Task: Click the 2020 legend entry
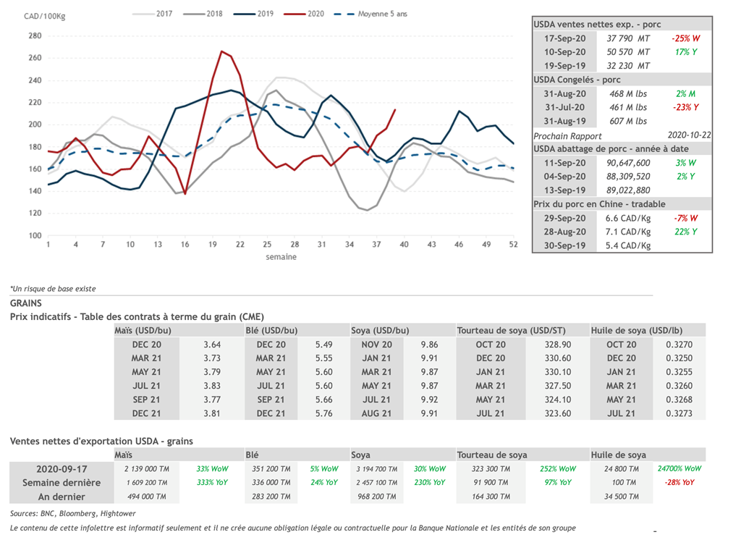tap(315, 14)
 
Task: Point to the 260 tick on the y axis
tap(35, 58)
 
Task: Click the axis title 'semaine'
tap(281, 256)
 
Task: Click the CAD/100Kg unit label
tap(46, 16)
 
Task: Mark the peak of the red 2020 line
tap(221, 51)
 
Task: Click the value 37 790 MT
tap(627, 38)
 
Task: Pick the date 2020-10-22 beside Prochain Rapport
tap(688, 135)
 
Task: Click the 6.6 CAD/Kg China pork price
tap(627, 218)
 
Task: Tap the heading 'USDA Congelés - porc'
tap(577, 80)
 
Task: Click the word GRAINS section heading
tap(26, 303)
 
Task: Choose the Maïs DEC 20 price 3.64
tap(212, 345)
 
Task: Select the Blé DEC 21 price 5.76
tap(324, 413)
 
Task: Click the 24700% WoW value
tap(679, 468)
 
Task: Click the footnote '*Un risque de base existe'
tap(53, 289)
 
